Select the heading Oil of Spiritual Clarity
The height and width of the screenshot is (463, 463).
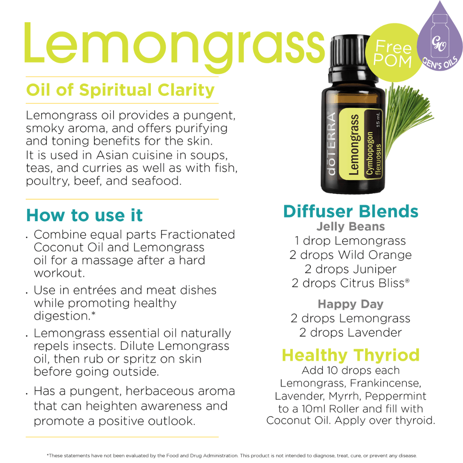(120, 90)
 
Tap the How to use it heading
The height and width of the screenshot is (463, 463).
(84, 215)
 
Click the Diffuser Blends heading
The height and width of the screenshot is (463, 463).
(351, 211)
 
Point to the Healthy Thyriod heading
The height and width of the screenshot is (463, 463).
(351, 355)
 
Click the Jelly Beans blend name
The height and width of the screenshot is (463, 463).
(351, 226)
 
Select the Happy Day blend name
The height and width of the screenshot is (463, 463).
(351, 304)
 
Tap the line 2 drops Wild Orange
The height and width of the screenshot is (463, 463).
(351, 255)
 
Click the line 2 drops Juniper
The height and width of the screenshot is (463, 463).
(351, 269)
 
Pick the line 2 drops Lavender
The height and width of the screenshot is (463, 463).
(351, 333)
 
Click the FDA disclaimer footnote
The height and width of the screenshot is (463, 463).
(231, 456)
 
